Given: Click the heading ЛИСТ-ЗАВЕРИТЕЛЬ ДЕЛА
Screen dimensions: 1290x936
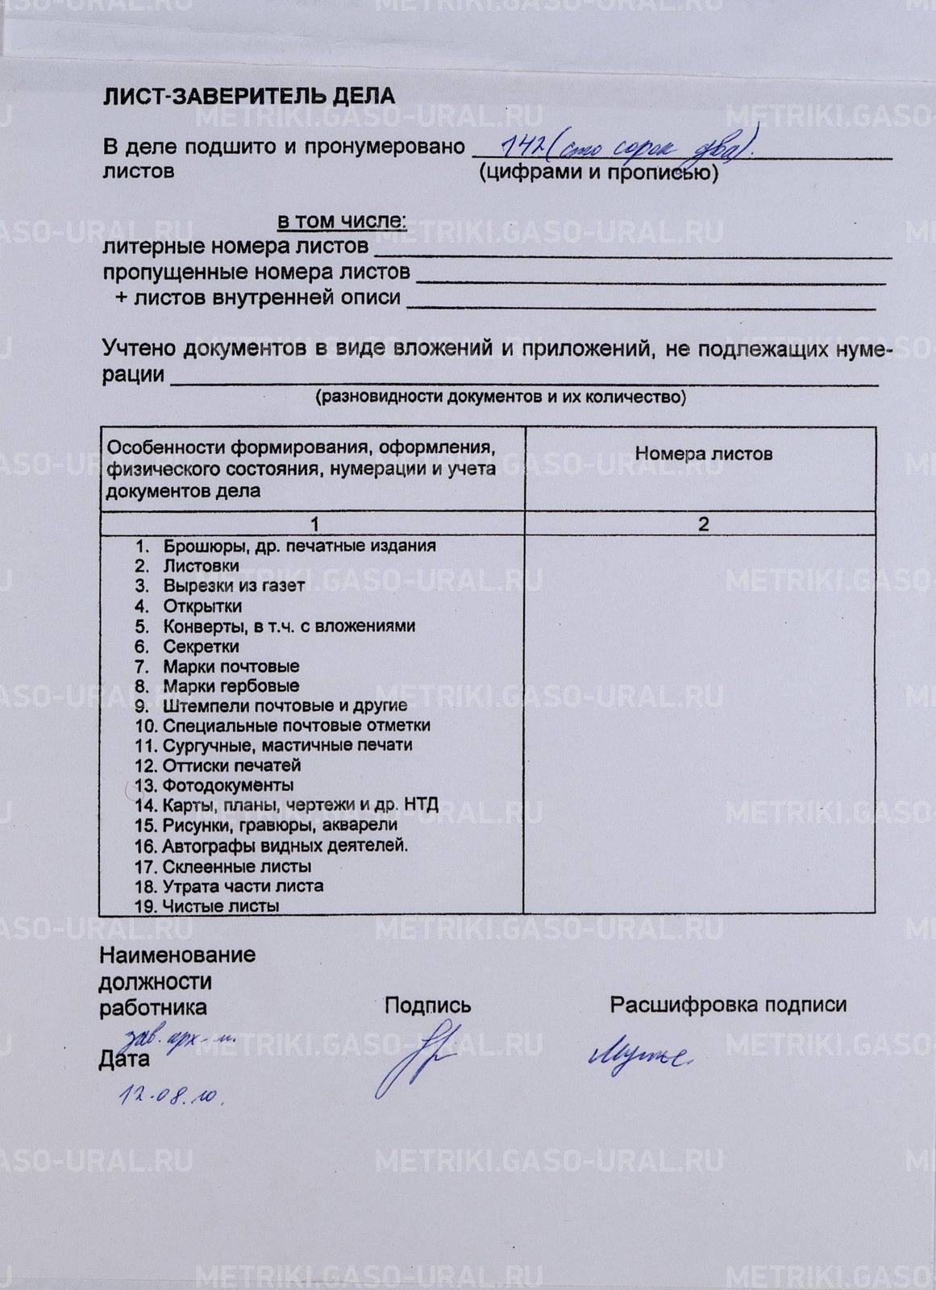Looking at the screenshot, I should [x=248, y=97].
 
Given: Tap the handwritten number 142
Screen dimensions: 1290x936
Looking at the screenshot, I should [x=521, y=145].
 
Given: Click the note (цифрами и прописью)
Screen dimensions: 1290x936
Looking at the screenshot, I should [x=597, y=173].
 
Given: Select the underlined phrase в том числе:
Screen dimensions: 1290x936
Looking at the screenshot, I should [x=342, y=221].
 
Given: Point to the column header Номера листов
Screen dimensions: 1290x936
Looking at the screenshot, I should [x=703, y=454].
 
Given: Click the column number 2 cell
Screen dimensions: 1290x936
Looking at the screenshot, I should [x=703, y=524].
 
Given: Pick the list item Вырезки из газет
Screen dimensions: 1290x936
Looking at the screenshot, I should [x=233, y=585].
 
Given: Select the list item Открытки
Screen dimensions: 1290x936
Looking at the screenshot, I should [x=202, y=605].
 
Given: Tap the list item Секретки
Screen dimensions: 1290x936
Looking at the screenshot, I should [x=201, y=646].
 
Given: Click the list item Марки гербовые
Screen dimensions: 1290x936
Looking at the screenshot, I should [x=231, y=686].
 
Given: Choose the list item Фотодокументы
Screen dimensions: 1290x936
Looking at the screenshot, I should [x=228, y=785].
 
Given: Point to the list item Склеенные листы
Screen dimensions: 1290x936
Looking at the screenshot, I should [x=236, y=867].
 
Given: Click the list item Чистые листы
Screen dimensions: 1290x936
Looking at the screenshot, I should [x=220, y=906].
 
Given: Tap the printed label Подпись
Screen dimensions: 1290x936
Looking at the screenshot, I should [x=427, y=1005].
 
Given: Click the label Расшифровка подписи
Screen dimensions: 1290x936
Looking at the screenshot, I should [x=727, y=1005].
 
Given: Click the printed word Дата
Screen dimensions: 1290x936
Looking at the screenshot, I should [x=124, y=1059].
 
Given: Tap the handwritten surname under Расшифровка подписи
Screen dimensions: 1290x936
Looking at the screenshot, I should [x=639, y=1055].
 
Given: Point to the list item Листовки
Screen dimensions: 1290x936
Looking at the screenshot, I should [x=201, y=566].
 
